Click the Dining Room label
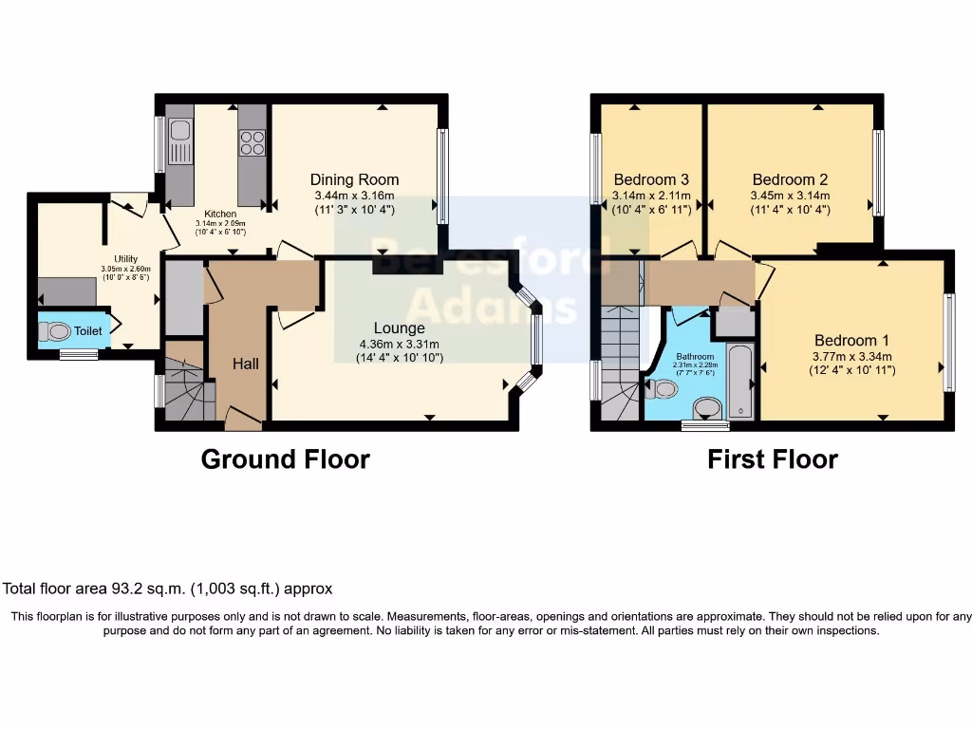click(354, 179)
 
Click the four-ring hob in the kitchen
click(252, 142)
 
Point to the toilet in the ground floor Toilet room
click(56, 332)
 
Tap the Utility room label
click(125, 259)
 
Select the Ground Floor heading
click(285, 459)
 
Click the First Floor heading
click(772, 459)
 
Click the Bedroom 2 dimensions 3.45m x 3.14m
click(790, 195)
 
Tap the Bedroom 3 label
click(651, 179)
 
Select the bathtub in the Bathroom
click(740, 382)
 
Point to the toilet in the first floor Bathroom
click(662, 388)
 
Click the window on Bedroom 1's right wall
click(949, 342)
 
